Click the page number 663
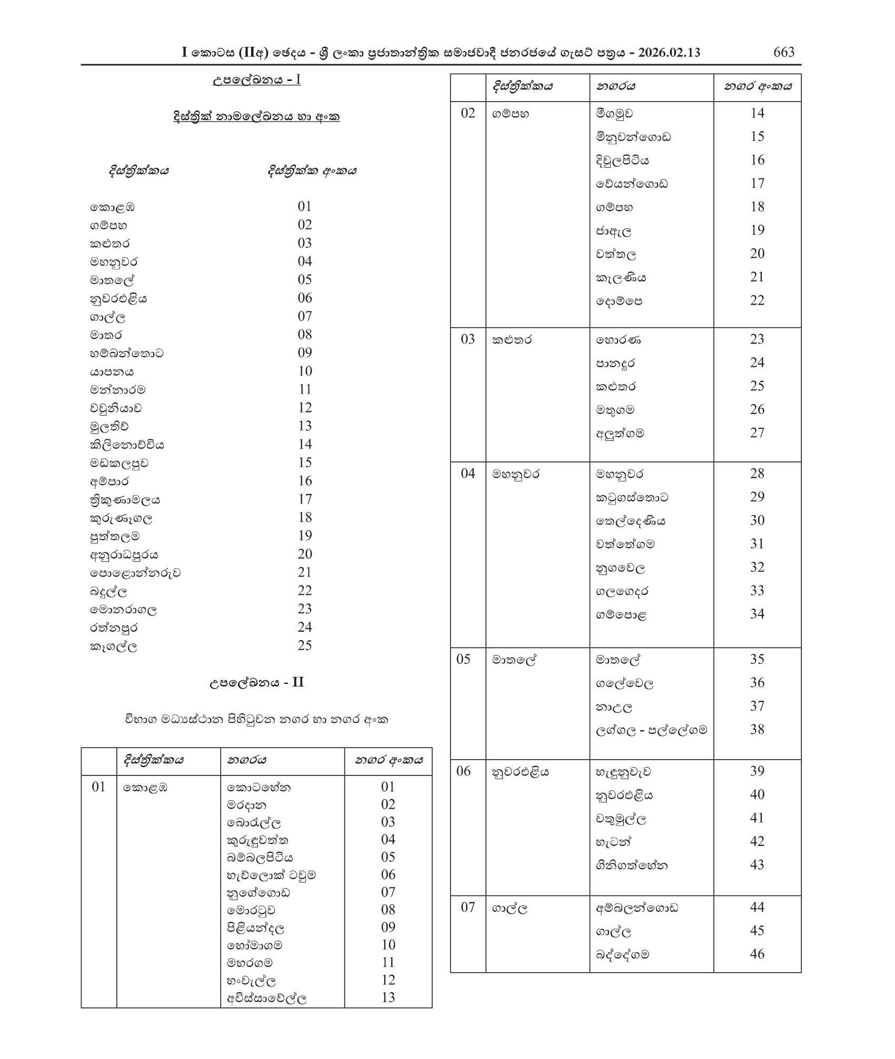click(x=783, y=52)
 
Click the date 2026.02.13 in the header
click(x=668, y=53)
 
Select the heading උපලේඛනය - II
click(x=257, y=682)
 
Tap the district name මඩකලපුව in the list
click(x=119, y=463)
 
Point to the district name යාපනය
click(x=112, y=371)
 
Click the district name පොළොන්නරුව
click(x=135, y=573)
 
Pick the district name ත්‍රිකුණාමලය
click(x=125, y=500)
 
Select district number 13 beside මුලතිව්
click(x=305, y=426)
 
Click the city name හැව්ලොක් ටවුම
click(x=271, y=875)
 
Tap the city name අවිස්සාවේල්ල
click(x=266, y=997)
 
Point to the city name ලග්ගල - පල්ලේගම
click(x=651, y=730)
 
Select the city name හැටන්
click(x=613, y=842)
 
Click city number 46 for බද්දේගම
click(x=757, y=954)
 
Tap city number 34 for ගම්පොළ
click(x=757, y=614)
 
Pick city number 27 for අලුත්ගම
click(x=757, y=433)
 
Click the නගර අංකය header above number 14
click(x=757, y=86)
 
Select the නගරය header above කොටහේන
click(x=246, y=760)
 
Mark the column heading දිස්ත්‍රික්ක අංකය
click(x=312, y=171)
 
